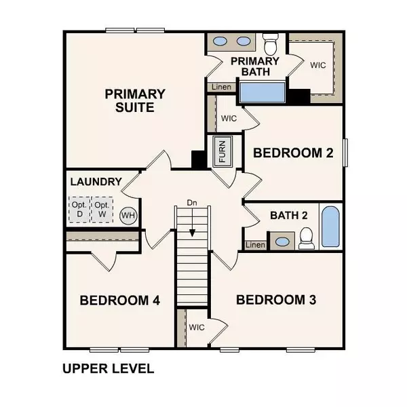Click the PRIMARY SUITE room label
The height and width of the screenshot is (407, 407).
click(134, 100)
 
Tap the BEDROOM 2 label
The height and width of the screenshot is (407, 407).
click(293, 153)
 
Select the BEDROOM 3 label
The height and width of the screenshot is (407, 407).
click(276, 299)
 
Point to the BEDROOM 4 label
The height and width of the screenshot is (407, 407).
click(119, 301)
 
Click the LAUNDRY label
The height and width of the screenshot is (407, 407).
click(96, 182)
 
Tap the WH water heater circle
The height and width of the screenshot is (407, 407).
click(128, 216)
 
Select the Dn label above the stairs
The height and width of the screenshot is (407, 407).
click(193, 203)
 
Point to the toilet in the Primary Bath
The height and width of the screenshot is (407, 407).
click(270, 45)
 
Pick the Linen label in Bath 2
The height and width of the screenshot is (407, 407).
click(255, 245)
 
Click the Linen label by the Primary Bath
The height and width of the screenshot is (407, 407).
click(221, 87)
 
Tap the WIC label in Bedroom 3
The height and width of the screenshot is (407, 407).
click(197, 327)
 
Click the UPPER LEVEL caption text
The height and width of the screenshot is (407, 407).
click(108, 369)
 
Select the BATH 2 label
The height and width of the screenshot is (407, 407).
click(289, 216)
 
